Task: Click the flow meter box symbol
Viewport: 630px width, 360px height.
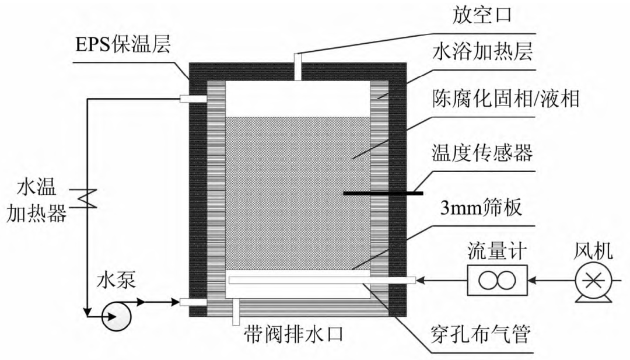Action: coord(496,281)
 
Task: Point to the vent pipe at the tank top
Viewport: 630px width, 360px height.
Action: coord(297,67)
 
